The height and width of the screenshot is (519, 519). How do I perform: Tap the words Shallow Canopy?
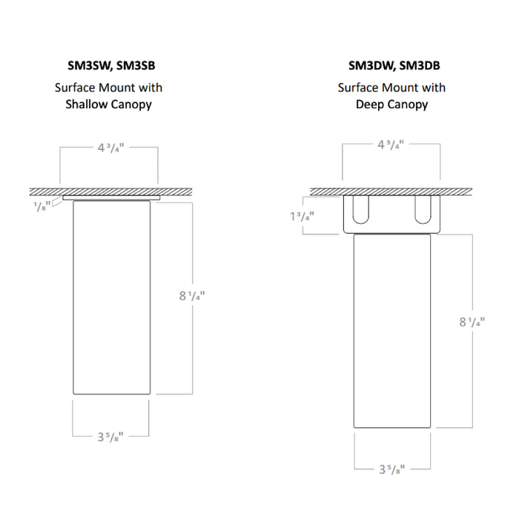(x=108, y=105)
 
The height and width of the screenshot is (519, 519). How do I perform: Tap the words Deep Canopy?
(x=391, y=105)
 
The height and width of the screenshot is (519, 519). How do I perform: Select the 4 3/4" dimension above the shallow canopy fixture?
(x=110, y=148)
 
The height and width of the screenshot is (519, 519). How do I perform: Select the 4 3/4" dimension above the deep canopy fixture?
(x=391, y=145)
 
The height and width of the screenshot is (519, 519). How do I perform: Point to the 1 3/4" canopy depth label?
(x=300, y=216)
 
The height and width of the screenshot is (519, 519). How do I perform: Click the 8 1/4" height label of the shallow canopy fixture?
(x=191, y=296)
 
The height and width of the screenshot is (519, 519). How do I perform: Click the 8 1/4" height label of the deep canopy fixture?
(x=471, y=322)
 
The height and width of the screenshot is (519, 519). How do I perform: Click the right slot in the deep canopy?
(x=422, y=210)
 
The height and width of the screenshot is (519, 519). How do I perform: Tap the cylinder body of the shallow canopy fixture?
(x=111, y=297)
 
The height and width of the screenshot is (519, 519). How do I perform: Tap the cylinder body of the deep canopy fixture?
(x=391, y=330)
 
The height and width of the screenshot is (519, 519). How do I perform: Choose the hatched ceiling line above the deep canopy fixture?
(x=391, y=191)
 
